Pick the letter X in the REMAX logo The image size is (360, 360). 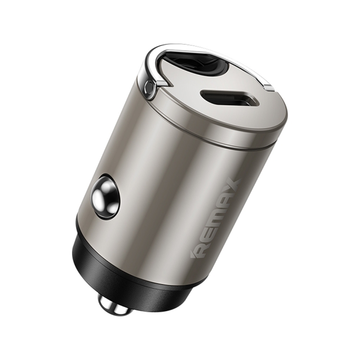tap(231, 186)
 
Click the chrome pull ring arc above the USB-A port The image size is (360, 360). tap(192, 48)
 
